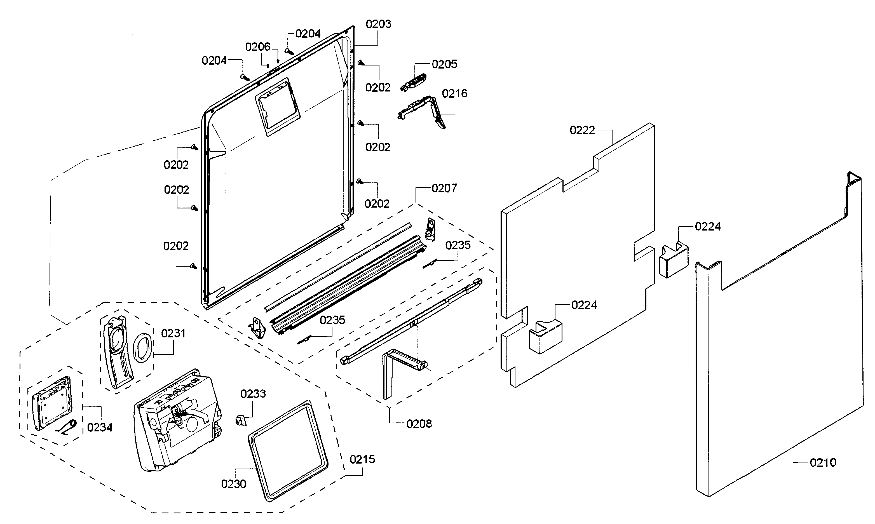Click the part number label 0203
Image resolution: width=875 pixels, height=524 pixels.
tap(378, 24)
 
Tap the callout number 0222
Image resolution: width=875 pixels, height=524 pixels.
tap(582, 130)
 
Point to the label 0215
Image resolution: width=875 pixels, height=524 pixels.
tap(362, 459)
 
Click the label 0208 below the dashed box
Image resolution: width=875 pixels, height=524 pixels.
tap(419, 424)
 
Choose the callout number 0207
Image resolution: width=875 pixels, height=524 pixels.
tap(444, 188)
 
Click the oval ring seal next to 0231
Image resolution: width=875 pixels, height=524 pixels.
tap(143, 347)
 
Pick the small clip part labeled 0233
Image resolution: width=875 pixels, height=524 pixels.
tap(240, 420)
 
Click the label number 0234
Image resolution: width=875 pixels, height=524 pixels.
tap(100, 427)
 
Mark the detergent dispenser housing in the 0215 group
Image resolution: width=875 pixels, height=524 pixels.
tap(177, 420)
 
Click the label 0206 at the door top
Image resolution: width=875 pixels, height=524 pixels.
tap(258, 47)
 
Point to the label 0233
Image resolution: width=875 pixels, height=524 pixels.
tap(253, 394)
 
